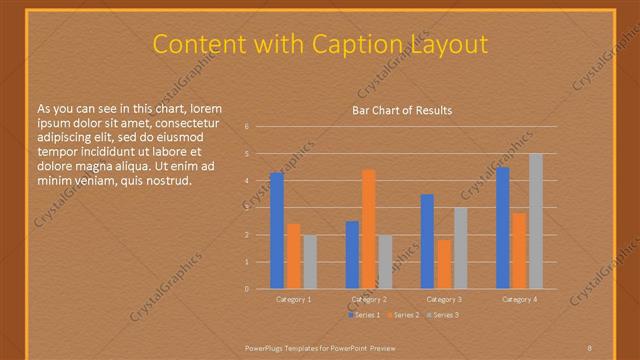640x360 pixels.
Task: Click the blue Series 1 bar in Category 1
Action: tap(277, 231)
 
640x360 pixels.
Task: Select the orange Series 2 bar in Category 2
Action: tap(368, 229)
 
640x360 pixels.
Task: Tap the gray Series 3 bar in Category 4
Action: tap(535, 221)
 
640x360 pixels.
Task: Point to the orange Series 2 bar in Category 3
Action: tap(443, 264)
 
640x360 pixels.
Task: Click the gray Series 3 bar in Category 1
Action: tap(309, 262)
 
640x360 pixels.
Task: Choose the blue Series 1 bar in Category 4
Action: tap(503, 228)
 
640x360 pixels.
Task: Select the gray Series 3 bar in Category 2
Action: tap(385, 262)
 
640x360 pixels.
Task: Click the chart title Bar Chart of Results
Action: tap(402, 110)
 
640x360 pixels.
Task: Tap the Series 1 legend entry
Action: tap(363, 315)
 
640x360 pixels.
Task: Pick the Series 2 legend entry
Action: tap(402, 315)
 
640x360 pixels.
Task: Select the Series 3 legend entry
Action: tap(442, 315)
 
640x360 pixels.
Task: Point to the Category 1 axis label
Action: tap(294, 299)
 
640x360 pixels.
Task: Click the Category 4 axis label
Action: tap(519, 299)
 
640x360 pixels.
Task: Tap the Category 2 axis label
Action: tap(369, 299)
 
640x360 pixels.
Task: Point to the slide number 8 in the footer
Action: tap(590, 346)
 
